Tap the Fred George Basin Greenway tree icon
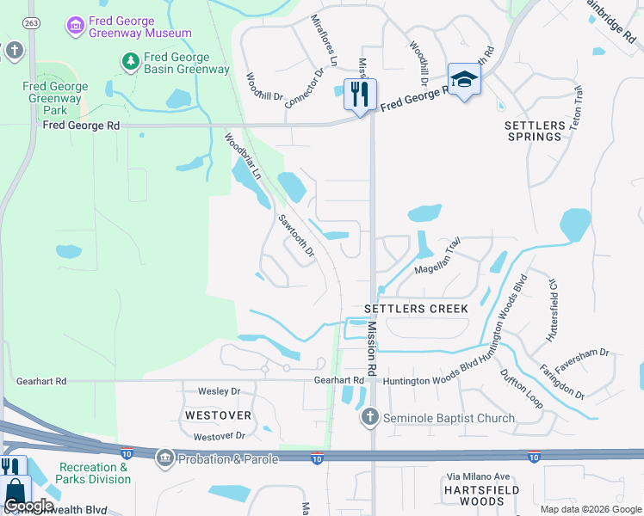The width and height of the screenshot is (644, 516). [130, 61]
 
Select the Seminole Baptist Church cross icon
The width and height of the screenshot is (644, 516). [370, 417]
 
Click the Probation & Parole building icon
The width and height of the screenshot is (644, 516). [164, 458]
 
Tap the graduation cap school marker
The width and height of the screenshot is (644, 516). [464, 80]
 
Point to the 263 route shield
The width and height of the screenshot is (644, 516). [31, 22]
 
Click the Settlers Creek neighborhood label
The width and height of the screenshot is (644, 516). [416, 308]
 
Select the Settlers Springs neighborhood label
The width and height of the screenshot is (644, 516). [535, 131]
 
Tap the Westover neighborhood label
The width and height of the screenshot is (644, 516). [217, 415]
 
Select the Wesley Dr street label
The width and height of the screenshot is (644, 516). [219, 391]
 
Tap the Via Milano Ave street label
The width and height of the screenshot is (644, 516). [479, 476]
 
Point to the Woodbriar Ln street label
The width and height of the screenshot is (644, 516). [243, 156]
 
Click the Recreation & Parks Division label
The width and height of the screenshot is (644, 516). [95, 473]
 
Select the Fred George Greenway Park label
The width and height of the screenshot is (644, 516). [55, 99]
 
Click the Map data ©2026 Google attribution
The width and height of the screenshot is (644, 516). [589, 509]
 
